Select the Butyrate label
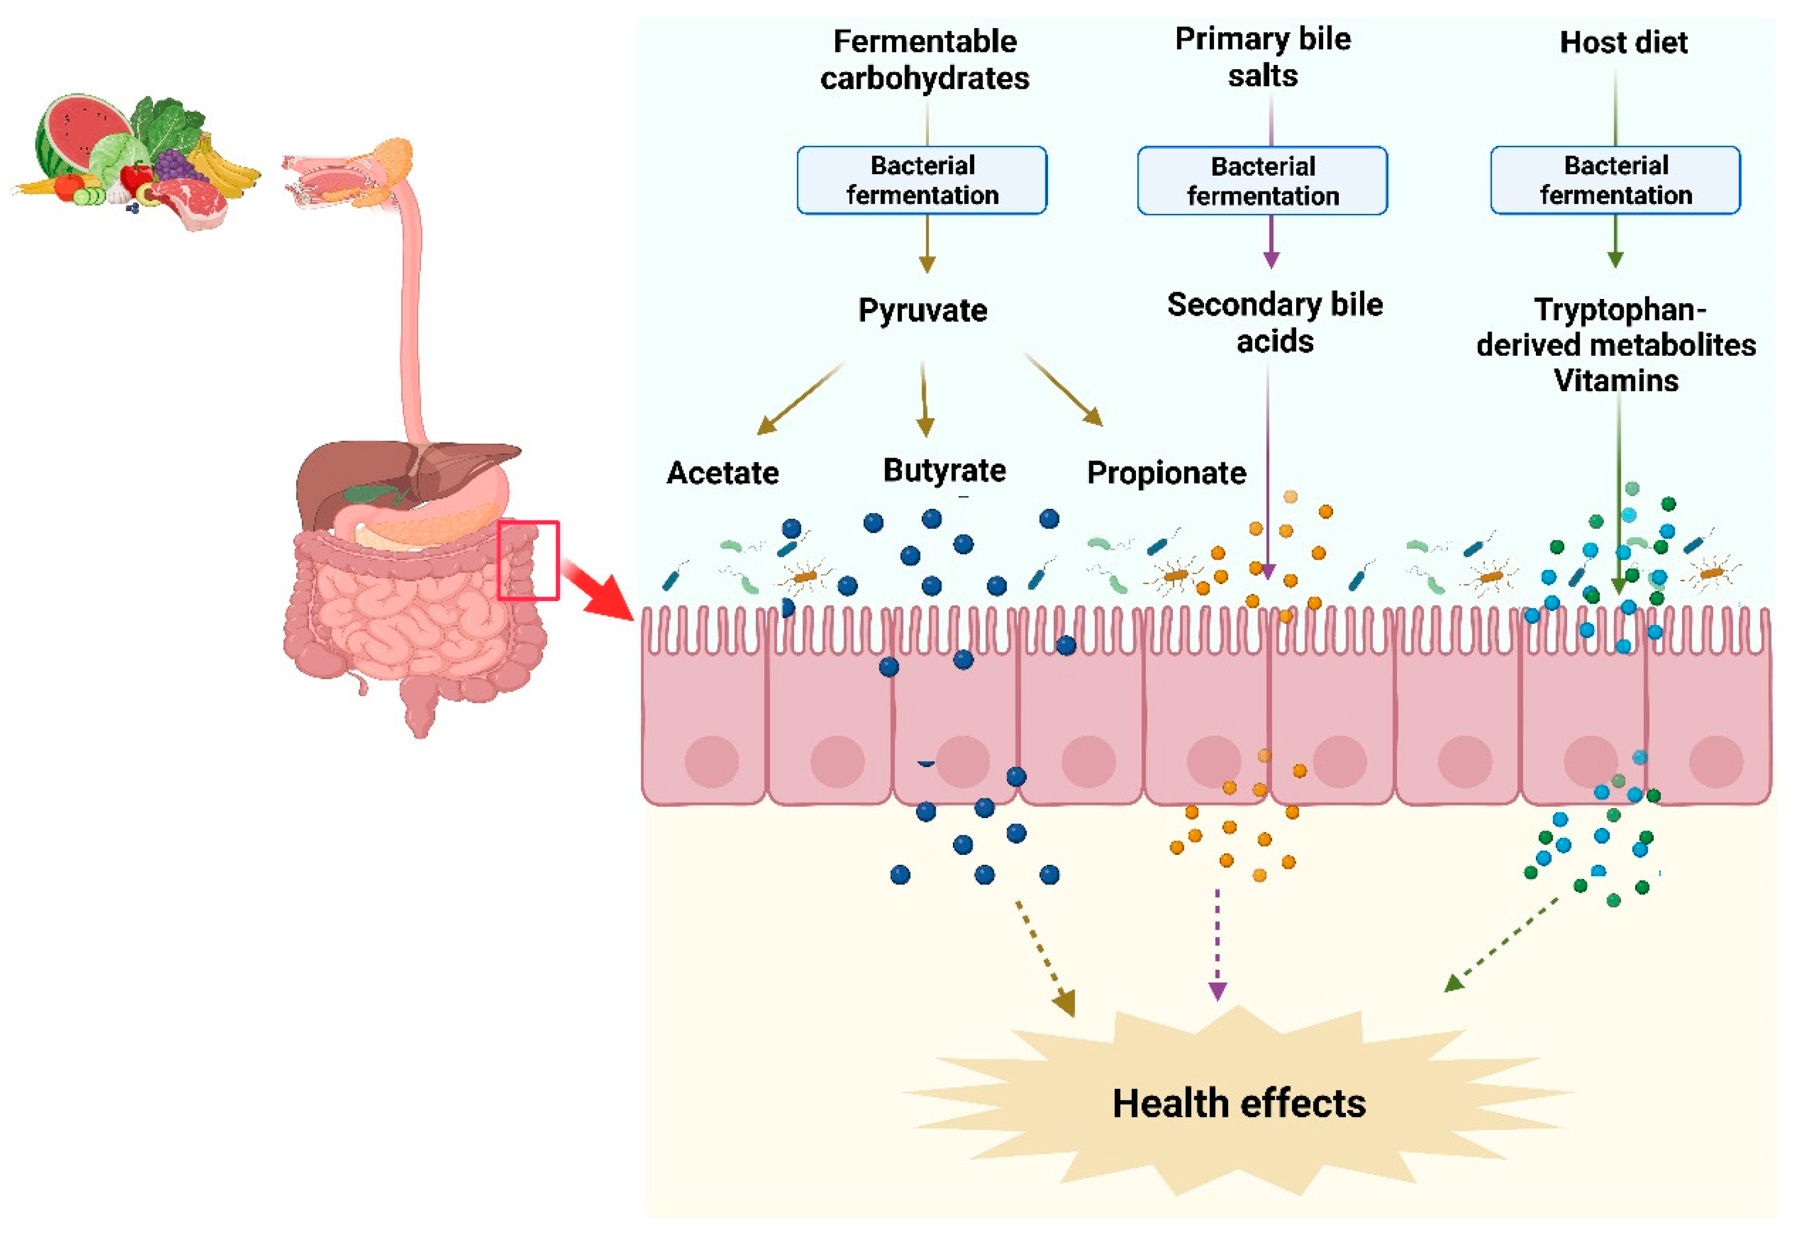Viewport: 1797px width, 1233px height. pos(944,470)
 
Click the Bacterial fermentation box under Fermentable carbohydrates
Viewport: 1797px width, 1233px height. pos(922,180)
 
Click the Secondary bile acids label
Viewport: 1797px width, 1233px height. pos(1274,322)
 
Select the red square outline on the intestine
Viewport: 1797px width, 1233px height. pos(527,560)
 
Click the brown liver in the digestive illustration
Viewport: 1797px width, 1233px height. pos(356,472)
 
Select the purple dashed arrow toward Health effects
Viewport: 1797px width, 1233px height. pos(1217,943)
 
